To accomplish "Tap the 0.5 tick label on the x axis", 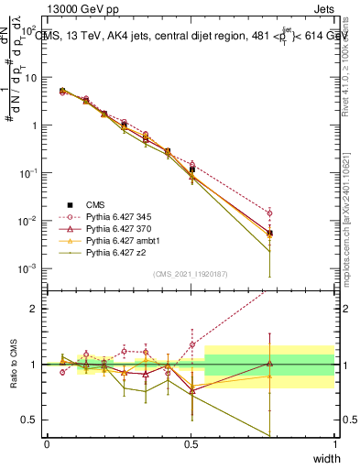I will tap(191, 443).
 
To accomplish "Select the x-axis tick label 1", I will tap(334, 443).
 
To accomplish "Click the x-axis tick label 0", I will tap(47, 443).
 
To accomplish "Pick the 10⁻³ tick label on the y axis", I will tap(29, 268).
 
